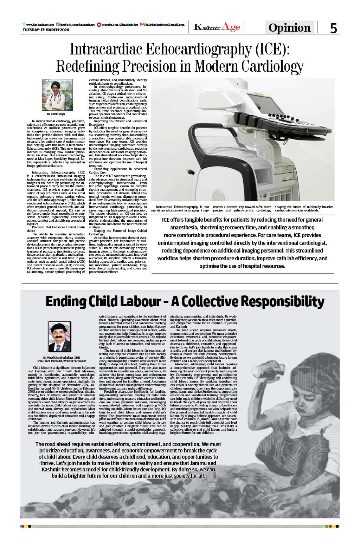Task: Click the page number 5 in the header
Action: click(333, 28)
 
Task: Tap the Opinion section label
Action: click(289, 28)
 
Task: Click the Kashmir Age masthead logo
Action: click(217, 27)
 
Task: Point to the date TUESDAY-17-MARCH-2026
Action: click(46, 30)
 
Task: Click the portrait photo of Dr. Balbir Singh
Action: click(57, 95)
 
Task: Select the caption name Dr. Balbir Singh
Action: click(56, 114)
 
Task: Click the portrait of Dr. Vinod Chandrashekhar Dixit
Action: click(60, 337)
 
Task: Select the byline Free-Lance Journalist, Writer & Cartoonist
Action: click(62, 361)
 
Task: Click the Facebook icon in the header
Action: click(58, 25)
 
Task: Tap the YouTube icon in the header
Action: click(99, 25)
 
